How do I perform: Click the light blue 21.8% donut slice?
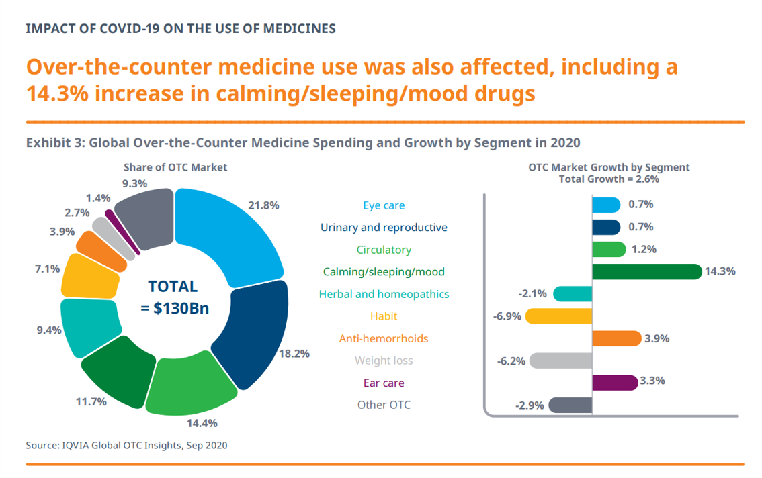coord(233,233)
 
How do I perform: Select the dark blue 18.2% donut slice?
coord(255,330)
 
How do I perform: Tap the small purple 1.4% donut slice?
coord(122,231)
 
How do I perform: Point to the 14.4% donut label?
coord(202,423)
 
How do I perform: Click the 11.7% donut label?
coord(91,401)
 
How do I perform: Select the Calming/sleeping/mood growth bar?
coord(647,271)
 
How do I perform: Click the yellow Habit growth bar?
coord(558,316)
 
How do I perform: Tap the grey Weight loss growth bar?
coord(560,361)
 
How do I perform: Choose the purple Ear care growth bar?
coord(615,383)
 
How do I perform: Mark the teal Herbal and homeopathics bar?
coord(573,294)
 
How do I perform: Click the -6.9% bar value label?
coord(507,316)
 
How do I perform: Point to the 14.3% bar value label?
coord(720,271)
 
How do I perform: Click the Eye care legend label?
coord(384,205)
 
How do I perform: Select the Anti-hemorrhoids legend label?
coord(384,338)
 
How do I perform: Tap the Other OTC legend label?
coord(384,405)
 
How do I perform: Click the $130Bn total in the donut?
coord(181,308)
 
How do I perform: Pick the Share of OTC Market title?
coord(175,168)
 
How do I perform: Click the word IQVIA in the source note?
coord(76,446)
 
